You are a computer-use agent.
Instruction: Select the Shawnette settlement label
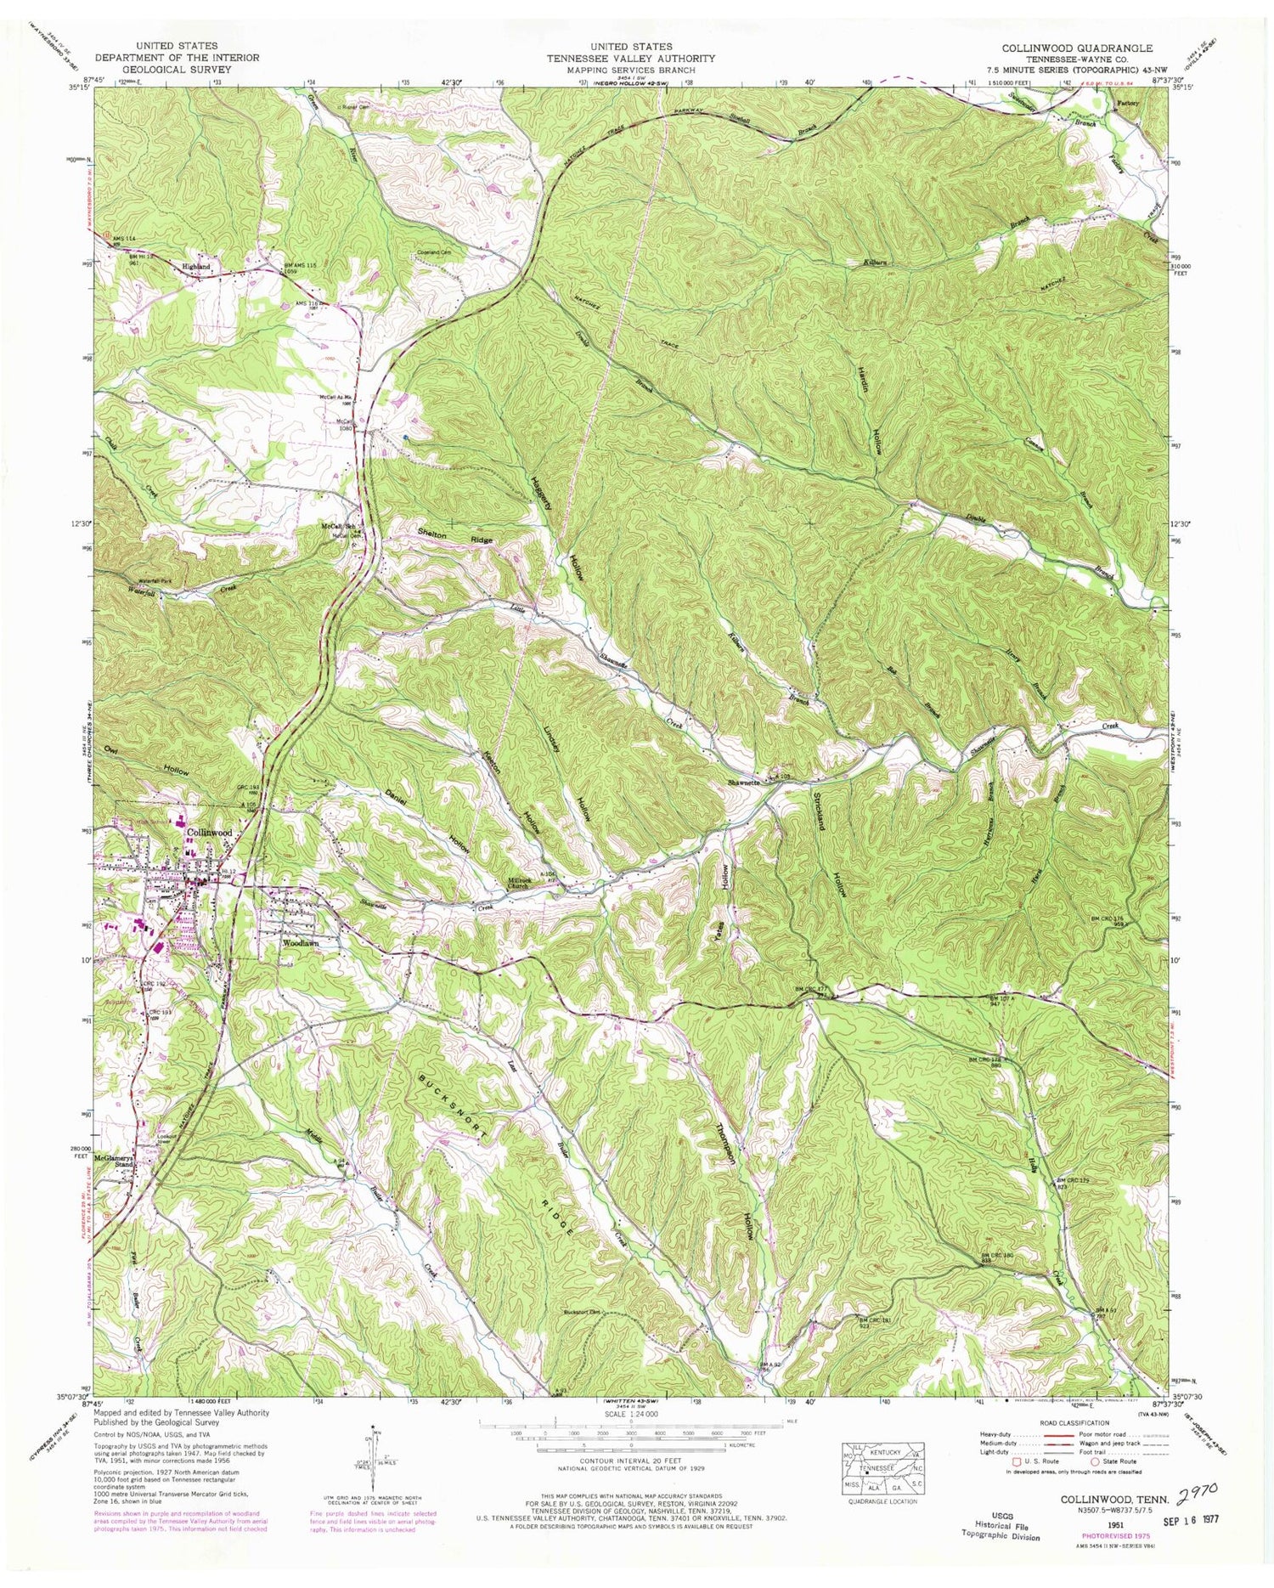[x=747, y=783]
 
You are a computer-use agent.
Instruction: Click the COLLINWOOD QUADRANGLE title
[x=1076, y=48]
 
